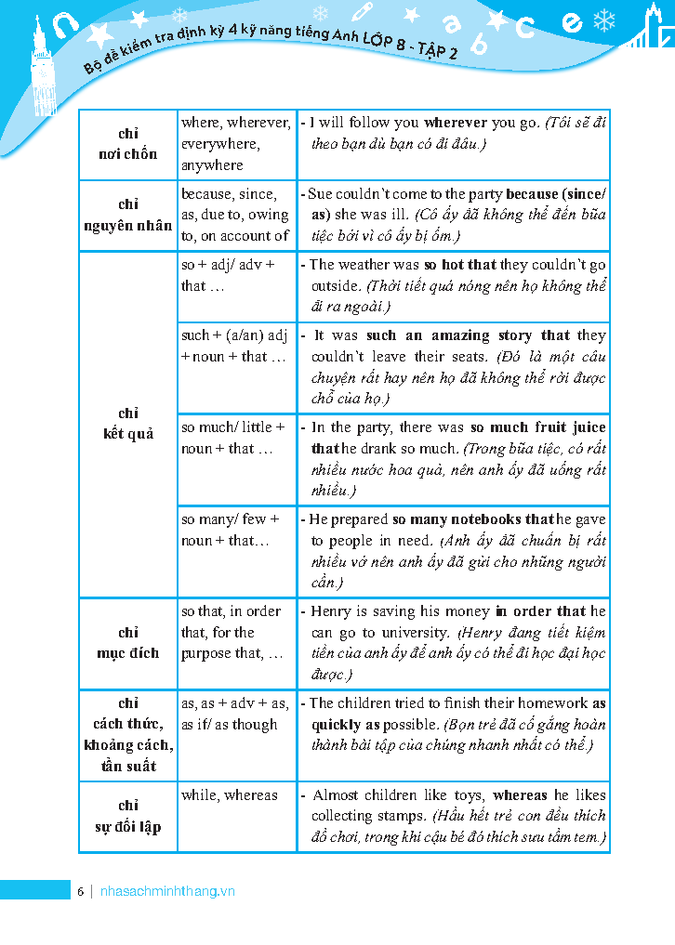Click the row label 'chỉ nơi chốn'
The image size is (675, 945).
point(128,144)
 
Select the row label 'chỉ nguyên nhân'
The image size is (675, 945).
point(128,215)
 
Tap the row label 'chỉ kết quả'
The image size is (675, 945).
point(128,424)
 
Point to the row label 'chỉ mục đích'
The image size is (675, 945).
point(128,643)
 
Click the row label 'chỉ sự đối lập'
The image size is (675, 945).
point(128,816)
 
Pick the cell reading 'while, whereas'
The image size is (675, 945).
point(230,795)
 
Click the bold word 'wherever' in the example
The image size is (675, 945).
point(456,123)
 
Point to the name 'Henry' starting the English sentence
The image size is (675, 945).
point(331,611)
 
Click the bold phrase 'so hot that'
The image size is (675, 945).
point(460,265)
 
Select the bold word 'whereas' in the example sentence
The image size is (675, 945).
point(521,795)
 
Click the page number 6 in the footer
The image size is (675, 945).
point(81,891)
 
